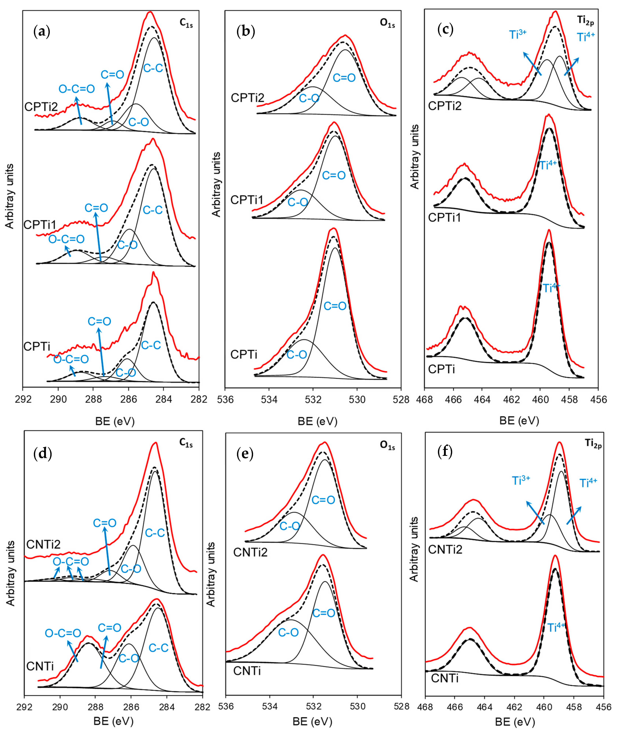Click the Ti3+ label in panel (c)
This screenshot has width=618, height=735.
pos(518,34)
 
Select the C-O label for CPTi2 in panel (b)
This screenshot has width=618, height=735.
pos(309,99)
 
